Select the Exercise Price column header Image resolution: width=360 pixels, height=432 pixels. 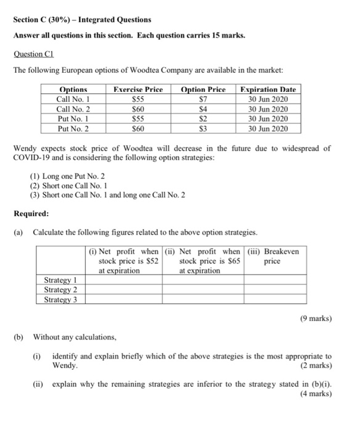pyautogui.click(x=137, y=89)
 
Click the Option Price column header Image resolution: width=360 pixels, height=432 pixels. pyautogui.click(x=203, y=89)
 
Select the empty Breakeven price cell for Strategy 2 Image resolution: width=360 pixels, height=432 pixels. pyautogui.click(x=275, y=290)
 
